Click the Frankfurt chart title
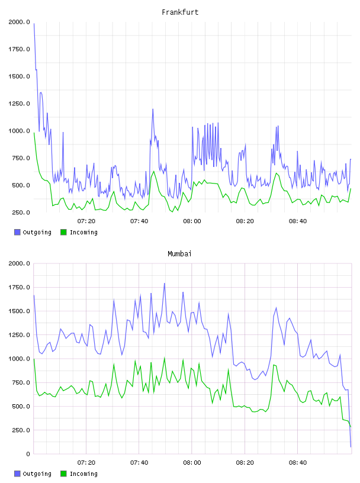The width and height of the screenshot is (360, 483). tap(180, 12)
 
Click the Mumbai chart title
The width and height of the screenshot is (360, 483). tap(179, 254)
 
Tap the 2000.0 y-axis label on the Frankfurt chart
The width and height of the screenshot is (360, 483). tap(19, 22)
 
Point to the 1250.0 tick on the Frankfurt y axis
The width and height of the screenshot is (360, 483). tap(19, 104)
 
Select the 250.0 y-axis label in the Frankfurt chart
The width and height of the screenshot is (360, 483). tap(21, 212)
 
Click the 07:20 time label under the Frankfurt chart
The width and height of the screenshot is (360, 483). tap(86, 221)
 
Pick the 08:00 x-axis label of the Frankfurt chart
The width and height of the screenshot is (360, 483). tap(192, 221)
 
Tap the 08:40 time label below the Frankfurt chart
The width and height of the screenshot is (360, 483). tap(298, 221)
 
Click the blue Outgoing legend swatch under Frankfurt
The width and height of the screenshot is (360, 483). tap(17, 232)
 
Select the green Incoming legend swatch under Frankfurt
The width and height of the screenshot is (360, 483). tap(63, 232)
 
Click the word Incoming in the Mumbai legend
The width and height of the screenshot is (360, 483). tap(83, 474)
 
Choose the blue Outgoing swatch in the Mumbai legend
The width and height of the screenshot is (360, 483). tap(17, 474)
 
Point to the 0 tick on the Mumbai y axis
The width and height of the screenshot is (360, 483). tap(28, 454)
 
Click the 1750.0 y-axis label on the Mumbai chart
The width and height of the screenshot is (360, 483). tap(19, 288)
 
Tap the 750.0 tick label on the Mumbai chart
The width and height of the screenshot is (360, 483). tap(21, 382)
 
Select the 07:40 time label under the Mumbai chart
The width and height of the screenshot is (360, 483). tap(139, 463)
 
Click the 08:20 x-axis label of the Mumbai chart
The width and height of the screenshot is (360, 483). tap(245, 463)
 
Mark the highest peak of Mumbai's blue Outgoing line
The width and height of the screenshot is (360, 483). tap(164, 284)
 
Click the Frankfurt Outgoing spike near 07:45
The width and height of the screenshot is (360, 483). tap(153, 110)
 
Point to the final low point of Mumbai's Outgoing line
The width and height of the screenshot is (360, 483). tap(351, 447)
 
